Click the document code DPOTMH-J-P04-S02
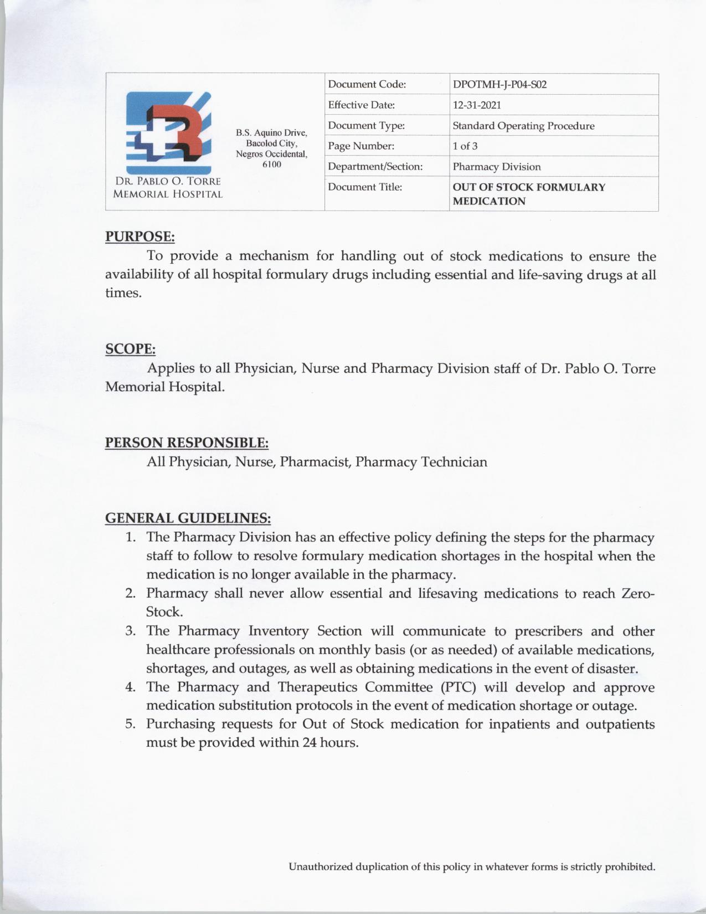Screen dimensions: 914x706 [x=499, y=85]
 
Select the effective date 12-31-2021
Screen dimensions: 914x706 [x=476, y=105]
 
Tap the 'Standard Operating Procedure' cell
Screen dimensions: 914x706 [x=523, y=126]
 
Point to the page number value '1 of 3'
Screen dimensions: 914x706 [x=465, y=146]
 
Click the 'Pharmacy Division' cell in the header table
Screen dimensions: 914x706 [x=496, y=167]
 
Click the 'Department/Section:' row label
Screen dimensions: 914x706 [x=375, y=167]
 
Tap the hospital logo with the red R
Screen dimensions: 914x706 [x=168, y=133]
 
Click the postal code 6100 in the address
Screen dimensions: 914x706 [x=271, y=165]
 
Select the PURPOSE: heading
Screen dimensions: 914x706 [x=140, y=237]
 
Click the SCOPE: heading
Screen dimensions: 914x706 [x=130, y=349]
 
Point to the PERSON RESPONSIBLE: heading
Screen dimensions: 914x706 [x=187, y=443]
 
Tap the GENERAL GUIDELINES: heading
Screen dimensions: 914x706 [x=188, y=518]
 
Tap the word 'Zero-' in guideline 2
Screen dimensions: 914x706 [x=638, y=594]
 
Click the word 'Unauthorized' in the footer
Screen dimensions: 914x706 [x=320, y=867]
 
